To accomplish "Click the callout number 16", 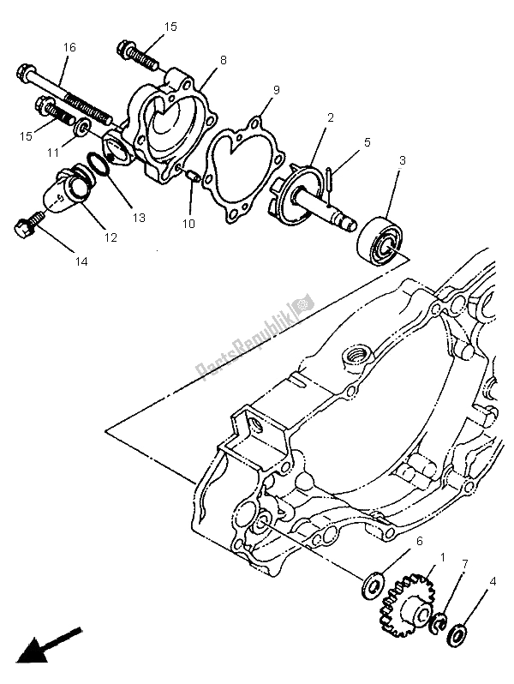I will click(69, 47).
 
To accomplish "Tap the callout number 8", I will click(223, 61).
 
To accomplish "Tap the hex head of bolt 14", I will click(23, 229).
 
